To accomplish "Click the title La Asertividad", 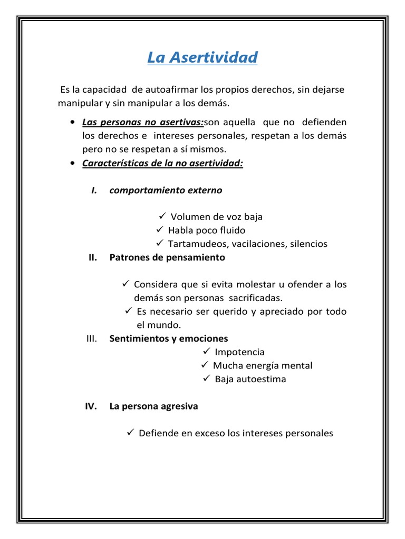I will pos(202,57).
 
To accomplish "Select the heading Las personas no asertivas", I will pos(143,123).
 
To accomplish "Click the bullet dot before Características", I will pos(72,164).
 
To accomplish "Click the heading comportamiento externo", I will pos(166,191).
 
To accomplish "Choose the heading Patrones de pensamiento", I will pos(167,257).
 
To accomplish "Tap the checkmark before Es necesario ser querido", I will pos(128,311).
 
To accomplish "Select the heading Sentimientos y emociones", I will pos(169,338).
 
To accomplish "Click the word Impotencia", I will pos(240,352).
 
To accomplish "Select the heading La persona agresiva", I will pos(154,406).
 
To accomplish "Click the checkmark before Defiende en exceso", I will pos(131,433).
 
